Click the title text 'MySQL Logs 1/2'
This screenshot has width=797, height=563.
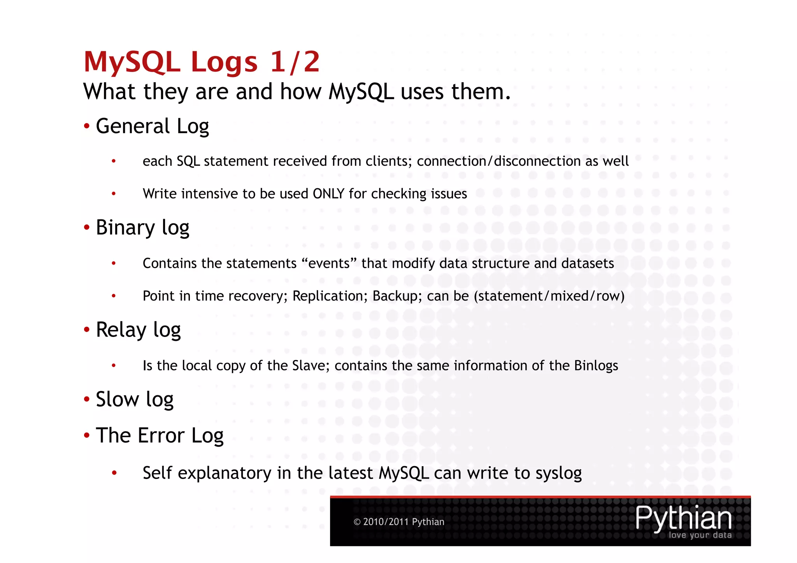click(202, 62)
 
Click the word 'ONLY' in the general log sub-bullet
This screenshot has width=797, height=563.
click(328, 194)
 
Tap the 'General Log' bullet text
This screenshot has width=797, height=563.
click(152, 126)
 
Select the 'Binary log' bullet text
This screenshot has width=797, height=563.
click(142, 228)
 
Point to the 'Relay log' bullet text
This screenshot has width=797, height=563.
click(138, 330)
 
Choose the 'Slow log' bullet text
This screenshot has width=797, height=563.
click(135, 400)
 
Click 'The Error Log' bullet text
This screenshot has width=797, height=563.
click(160, 435)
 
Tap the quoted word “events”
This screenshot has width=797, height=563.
click(329, 263)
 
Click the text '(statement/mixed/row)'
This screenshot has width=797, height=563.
click(549, 296)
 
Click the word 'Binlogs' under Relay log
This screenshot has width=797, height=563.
click(596, 366)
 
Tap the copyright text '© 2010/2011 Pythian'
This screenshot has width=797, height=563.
click(399, 522)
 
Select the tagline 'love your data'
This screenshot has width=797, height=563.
click(700, 535)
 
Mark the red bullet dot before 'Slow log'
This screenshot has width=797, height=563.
click(87, 399)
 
